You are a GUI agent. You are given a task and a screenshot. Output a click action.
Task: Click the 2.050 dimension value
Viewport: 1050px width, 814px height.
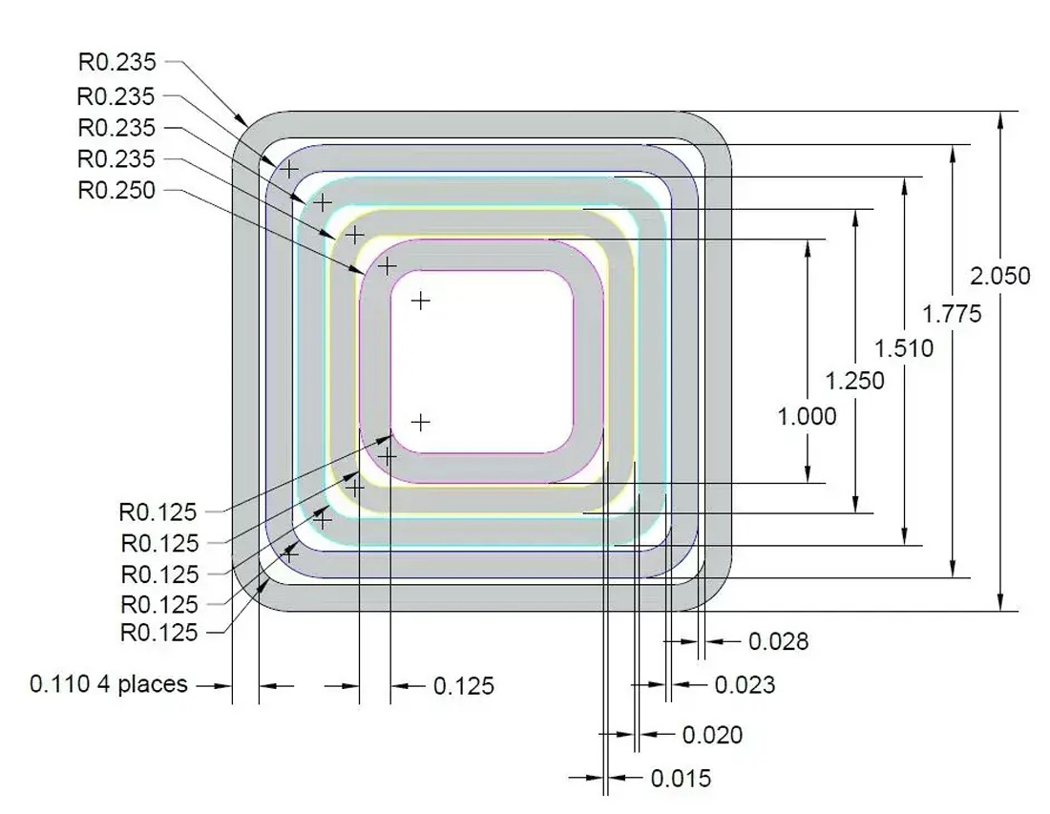coord(999,276)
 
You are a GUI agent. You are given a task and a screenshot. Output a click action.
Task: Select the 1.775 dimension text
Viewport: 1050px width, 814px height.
coord(952,313)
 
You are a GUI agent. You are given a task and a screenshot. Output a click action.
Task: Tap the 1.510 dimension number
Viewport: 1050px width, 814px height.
coord(904,348)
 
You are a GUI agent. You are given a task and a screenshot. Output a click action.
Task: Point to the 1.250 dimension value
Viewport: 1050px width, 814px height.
coord(855,381)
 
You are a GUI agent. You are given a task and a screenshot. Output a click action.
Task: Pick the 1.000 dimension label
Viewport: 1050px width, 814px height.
coord(808,416)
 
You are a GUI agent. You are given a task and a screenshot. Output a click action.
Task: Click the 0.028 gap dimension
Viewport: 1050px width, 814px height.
coord(778,641)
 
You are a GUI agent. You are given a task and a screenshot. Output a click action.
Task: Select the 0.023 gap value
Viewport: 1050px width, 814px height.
coord(745,684)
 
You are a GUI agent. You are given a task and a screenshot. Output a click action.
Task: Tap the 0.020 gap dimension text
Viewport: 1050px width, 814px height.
coord(712,735)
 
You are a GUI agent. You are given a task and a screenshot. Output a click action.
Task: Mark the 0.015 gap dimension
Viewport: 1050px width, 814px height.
coord(681,779)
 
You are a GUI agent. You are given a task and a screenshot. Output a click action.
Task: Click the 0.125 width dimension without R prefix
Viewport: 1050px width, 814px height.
coord(464,686)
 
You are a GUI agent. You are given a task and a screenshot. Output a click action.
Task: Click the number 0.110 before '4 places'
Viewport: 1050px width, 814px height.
coord(61,684)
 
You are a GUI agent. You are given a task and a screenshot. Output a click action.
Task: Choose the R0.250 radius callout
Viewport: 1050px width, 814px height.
coord(115,190)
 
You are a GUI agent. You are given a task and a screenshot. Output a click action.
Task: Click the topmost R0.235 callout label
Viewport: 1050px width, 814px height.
coord(115,63)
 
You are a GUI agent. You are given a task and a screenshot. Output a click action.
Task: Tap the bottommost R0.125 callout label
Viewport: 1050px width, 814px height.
coord(158,633)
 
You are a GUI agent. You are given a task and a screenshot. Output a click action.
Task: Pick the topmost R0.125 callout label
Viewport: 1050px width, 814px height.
coord(158,512)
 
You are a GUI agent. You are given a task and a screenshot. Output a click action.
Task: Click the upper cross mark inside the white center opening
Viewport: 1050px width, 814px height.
coord(420,301)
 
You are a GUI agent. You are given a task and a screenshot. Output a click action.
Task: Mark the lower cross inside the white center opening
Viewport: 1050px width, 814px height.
coord(420,422)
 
